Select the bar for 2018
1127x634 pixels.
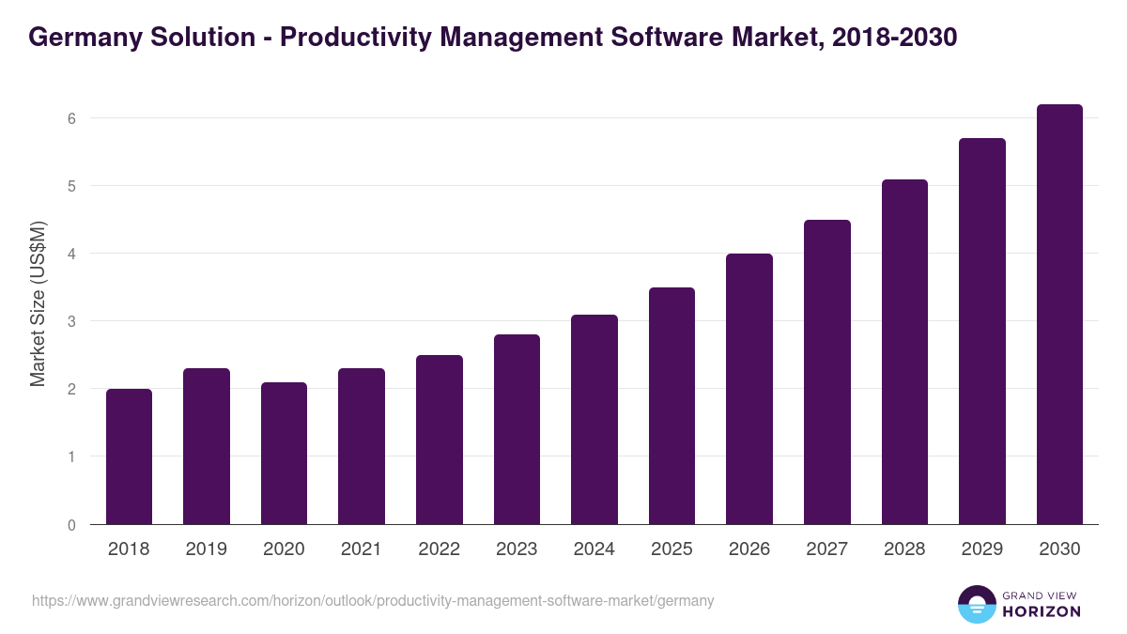coord(129,456)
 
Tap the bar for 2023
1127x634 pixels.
coord(517,429)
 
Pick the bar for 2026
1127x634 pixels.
coord(749,389)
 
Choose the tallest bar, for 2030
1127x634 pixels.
coord(1059,315)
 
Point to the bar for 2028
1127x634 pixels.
coord(904,352)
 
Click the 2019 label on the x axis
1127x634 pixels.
coord(207,549)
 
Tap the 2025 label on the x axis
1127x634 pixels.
coord(672,549)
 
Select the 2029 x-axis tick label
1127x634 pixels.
coord(981,549)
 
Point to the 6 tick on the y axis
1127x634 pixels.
coord(70,118)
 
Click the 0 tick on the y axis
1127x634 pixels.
coord(70,525)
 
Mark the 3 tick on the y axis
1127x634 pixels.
coord(70,321)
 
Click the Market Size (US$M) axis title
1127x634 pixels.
coord(38,304)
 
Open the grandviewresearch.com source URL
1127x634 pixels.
coord(373,600)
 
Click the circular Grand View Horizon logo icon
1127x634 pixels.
coord(977,604)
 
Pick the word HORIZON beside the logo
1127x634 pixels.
coord(1042,611)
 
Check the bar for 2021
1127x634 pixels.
coord(362,446)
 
